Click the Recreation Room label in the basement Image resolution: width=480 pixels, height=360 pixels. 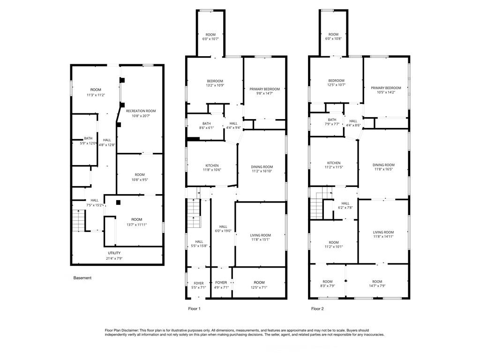tap(141, 111)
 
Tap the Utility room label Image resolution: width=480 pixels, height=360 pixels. tap(114, 253)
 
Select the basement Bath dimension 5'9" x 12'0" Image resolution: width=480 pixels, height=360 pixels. tap(88, 143)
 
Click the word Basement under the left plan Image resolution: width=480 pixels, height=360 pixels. tap(82, 278)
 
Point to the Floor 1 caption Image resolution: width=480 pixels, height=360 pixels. tap(195, 308)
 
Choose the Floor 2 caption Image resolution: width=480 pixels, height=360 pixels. tap(317, 308)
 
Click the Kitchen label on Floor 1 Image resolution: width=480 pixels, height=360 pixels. tap(212, 165)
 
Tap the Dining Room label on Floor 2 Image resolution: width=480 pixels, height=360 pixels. tap(383, 165)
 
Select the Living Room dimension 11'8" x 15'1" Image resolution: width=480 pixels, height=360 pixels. tap(261, 240)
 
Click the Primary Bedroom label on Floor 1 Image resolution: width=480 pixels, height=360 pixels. tap(265, 89)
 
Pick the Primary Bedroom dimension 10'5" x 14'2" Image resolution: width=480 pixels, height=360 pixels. tap(386, 92)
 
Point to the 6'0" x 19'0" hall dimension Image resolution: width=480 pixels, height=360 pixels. tap(223, 231)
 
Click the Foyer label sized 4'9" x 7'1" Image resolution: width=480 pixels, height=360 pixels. tap(221, 283)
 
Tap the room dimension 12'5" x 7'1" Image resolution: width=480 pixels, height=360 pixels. tap(259, 287)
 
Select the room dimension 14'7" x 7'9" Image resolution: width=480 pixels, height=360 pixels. tap(377, 286)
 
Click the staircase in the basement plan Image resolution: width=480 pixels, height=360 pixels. tap(78, 220)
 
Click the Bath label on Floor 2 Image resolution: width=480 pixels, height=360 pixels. tap(332, 120)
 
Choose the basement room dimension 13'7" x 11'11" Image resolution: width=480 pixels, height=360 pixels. tap(137, 225)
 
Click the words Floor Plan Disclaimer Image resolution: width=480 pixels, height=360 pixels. tap(122, 330)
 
